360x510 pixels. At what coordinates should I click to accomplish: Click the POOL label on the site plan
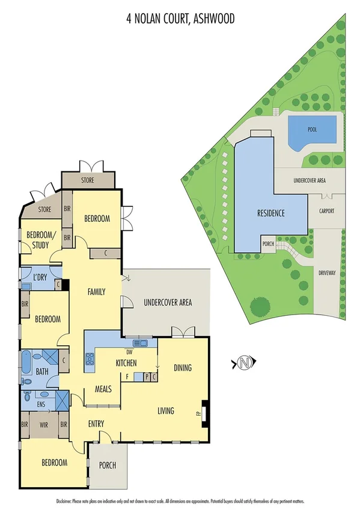pos(312,129)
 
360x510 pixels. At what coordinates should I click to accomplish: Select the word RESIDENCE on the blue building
pos(270,214)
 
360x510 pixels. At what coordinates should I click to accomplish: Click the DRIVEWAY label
pos(328,272)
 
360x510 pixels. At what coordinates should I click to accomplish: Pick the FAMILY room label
pos(96,292)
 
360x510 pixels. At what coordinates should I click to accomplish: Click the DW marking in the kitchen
pos(129,352)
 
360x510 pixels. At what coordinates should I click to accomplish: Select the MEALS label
pos(103,390)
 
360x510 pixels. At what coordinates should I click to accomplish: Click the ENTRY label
pos(96,424)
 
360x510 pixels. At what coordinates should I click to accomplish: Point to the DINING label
pos(182,367)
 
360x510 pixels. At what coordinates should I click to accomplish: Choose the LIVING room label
pos(166,411)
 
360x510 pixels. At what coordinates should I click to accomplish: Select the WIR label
pos(43,424)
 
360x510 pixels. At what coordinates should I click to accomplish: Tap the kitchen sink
pos(141,343)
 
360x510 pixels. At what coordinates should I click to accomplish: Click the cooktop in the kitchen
pos(91,359)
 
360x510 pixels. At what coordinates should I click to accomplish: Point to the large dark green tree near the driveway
pos(261,307)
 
